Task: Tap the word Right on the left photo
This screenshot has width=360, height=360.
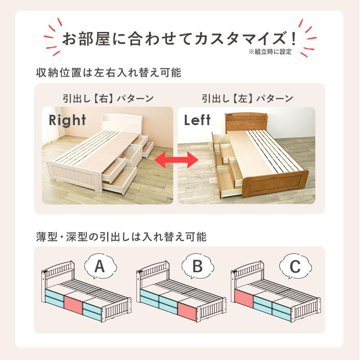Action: click(67, 120)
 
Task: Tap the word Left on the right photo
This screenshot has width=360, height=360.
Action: click(197, 120)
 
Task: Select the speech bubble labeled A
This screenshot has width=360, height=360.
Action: click(99, 267)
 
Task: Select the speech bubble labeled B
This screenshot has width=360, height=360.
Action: click(197, 267)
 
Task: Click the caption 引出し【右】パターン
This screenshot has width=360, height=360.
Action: click(108, 99)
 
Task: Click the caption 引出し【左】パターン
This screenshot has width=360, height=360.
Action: click(247, 99)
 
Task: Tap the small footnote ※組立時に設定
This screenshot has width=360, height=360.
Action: click(270, 52)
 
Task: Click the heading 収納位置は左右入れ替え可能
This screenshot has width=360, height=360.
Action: click(108, 72)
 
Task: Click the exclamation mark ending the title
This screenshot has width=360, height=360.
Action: click(293, 37)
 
